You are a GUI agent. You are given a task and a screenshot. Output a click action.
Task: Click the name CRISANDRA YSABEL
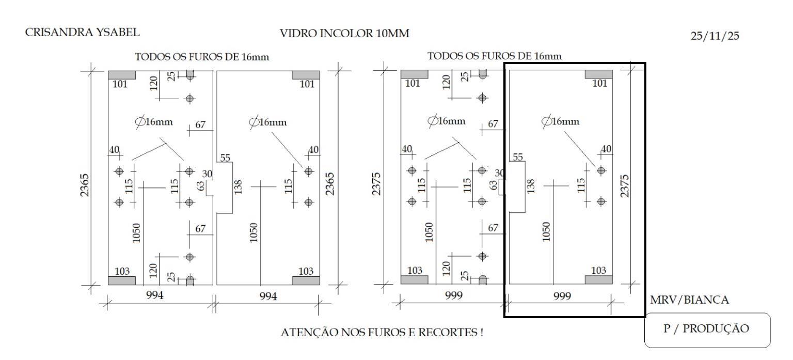click(x=82, y=33)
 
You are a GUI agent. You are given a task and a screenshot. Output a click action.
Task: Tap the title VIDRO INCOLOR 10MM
click(x=344, y=34)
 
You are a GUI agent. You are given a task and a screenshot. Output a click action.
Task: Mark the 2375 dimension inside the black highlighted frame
click(x=625, y=186)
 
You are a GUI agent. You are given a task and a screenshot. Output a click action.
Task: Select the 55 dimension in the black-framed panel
click(x=517, y=156)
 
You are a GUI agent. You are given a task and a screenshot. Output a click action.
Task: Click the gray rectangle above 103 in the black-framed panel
click(x=598, y=280)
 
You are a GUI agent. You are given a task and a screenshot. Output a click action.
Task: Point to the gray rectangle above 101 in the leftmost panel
click(x=122, y=75)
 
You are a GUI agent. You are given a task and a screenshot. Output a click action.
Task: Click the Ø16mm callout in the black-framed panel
click(x=560, y=121)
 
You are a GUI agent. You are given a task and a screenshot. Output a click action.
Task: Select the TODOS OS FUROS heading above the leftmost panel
click(x=202, y=56)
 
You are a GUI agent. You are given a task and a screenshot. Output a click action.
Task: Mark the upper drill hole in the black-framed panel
click(x=601, y=170)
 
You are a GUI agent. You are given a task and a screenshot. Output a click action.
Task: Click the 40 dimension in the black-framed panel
click(x=606, y=149)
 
